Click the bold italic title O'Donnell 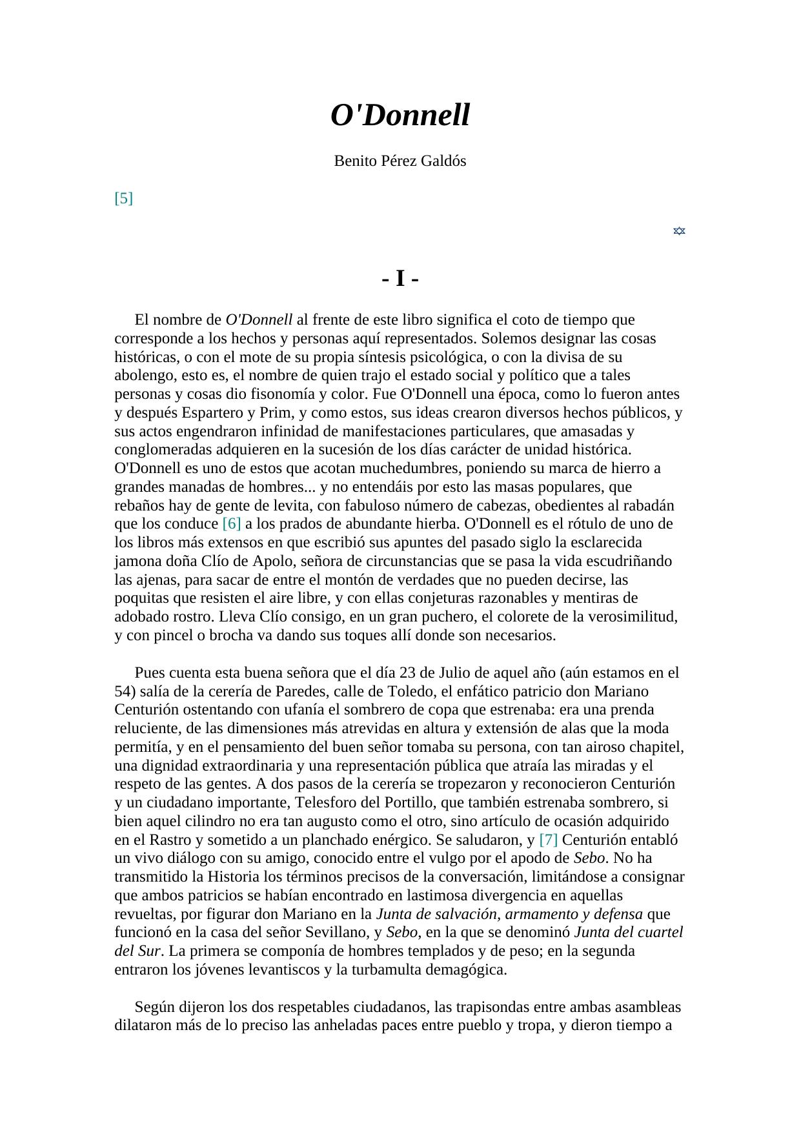(x=400, y=116)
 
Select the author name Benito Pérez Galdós (x=400, y=161)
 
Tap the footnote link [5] (x=123, y=198)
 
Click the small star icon (x=679, y=231)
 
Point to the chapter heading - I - (x=400, y=279)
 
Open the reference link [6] (x=231, y=523)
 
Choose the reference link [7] (x=548, y=840)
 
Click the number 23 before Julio (x=408, y=672)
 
